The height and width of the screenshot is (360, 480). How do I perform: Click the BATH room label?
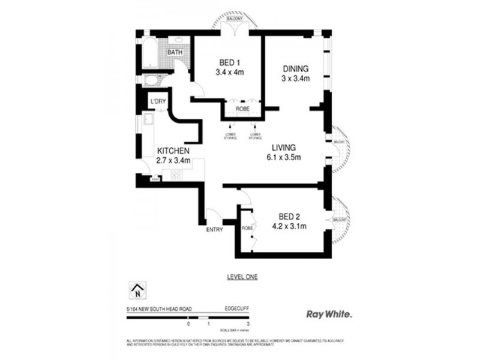pos(175,53)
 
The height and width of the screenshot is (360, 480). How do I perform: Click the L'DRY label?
pos(158,101)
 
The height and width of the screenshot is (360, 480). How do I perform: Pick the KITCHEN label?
pos(173,151)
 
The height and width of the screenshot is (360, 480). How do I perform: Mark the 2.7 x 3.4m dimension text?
pos(173,160)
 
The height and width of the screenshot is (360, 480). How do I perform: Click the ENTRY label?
pos(214,230)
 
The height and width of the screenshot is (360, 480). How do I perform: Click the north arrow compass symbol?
pos(137,291)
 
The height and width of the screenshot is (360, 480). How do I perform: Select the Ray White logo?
pos(329,314)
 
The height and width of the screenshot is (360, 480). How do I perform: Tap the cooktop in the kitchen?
pos(178,175)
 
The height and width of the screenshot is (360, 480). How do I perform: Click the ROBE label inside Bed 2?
pos(247,229)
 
